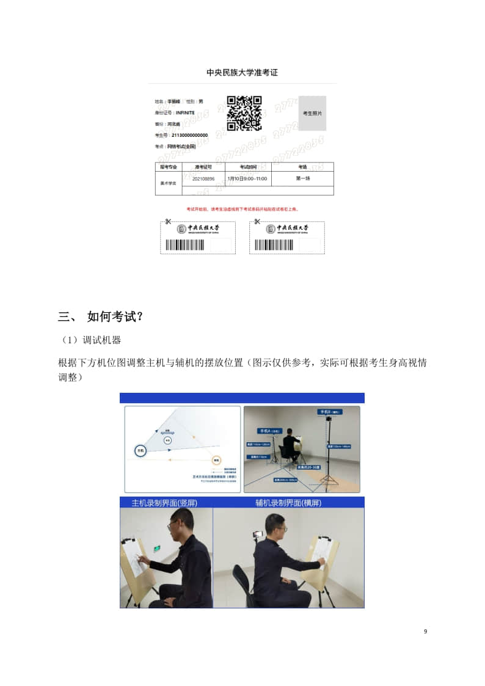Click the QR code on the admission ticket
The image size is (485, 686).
[244, 113]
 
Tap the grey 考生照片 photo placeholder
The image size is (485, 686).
[312, 114]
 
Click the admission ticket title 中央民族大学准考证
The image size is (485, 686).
[242, 73]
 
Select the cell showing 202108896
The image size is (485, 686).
[203, 179]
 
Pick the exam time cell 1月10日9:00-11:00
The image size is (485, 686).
[247, 179]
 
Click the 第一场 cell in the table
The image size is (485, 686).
[302, 178]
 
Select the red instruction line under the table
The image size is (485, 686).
[242, 209]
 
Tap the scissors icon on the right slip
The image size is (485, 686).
[257, 221]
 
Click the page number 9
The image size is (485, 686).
[425, 631]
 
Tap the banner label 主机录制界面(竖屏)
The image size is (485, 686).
[165, 503]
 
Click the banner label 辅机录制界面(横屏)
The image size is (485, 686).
[288, 503]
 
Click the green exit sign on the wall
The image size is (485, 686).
[157, 549]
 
